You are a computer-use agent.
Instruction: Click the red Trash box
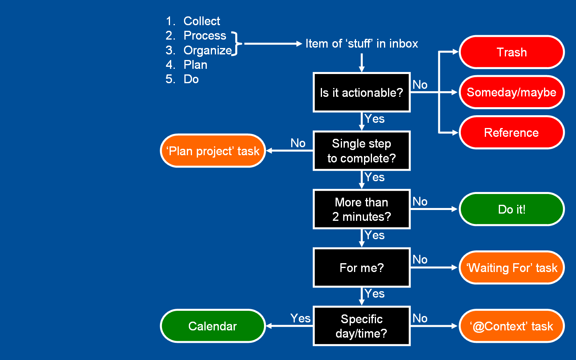click(x=511, y=52)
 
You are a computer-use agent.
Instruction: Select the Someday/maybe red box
click(x=511, y=92)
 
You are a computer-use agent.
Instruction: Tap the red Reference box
click(x=511, y=132)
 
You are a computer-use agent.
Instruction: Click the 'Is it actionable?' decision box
click(x=361, y=92)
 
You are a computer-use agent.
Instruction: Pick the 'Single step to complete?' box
click(x=361, y=151)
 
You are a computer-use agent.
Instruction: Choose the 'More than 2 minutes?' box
click(x=361, y=209)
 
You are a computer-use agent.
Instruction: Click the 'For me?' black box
click(x=361, y=268)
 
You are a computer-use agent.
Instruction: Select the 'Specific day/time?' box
click(x=361, y=326)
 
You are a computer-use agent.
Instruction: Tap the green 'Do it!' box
click(x=511, y=209)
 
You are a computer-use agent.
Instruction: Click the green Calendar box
click(x=212, y=326)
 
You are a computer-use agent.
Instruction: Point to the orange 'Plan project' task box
click(x=212, y=151)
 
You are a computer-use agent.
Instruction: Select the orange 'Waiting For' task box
click(x=511, y=268)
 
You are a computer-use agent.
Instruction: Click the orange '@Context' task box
click(x=511, y=326)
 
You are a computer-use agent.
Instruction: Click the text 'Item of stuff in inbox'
click(x=361, y=44)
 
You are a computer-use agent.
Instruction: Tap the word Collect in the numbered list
click(x=202, y=21)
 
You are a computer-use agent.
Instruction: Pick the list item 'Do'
click(x=191, y=79)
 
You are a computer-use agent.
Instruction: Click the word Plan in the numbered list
click(x=195, y=65)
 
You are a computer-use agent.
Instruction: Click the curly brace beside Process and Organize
click(x=237, y=43)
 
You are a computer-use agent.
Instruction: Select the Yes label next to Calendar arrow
click(x=300, y=318)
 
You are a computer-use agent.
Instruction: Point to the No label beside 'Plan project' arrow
click(x=298, y=143)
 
